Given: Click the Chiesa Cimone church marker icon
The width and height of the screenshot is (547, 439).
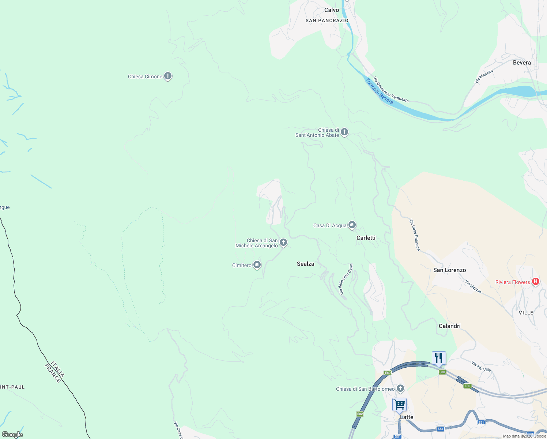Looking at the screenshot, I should (168, 76).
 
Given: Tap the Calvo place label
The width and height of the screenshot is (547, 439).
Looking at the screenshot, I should (332, 10).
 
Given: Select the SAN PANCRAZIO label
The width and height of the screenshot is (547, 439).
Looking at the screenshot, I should (327, 20).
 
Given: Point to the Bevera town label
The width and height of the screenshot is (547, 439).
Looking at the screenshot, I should (522, 63).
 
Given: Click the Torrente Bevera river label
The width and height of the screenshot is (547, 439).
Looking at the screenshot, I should (380, 91).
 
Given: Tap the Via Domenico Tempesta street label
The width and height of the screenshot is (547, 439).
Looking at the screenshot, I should (391, 90).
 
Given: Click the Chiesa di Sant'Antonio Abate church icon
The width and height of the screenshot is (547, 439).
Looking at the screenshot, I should (344, 132).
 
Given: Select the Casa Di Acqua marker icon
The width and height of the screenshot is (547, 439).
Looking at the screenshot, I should (352, 225).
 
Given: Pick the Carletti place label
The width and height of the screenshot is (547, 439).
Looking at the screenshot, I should (366, 238).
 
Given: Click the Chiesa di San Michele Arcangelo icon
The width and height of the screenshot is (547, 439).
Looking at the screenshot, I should (283, 242).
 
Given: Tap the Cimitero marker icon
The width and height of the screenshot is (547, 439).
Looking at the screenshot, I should (257, 264).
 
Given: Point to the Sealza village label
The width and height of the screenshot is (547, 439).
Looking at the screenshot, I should (305, 264).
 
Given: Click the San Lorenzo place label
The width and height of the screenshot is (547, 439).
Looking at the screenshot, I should (449, 270).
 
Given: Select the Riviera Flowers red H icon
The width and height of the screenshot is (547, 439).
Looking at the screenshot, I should (536, 281).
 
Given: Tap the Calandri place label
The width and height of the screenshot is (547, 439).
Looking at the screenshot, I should (449, 326).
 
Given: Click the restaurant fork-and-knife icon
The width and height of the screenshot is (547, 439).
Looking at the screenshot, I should (439, 358).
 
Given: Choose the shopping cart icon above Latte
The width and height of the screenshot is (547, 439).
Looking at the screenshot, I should (399, 405).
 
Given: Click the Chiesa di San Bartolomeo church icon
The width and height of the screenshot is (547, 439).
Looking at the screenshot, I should (401, 388).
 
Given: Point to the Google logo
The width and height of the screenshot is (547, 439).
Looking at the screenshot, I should (12, 434).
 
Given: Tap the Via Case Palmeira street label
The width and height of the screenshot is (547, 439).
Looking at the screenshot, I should (415, 235).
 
